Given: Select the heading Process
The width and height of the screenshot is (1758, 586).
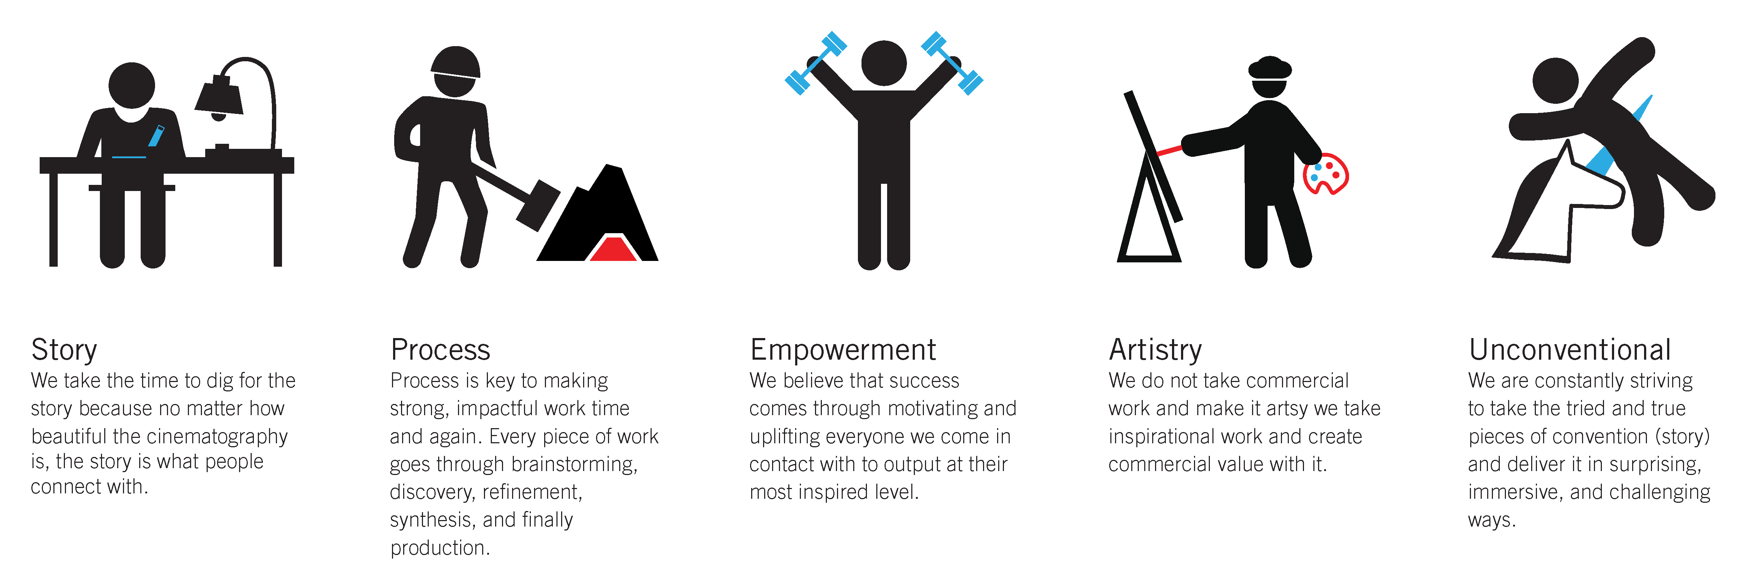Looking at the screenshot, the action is (x=440, y=350).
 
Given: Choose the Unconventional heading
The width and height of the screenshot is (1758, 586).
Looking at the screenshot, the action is (x=1570, y=350).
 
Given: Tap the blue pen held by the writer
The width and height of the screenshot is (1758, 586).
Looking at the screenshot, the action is (x=156, y=135).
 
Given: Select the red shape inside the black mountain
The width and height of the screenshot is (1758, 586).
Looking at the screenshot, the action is (x=613, y=248).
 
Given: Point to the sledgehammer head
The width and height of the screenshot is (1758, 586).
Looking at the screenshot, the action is (x=538, y=205).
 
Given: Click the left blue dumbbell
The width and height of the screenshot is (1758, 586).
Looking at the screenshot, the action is (x=816, y=63).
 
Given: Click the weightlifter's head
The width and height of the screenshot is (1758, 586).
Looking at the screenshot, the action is (x=884, y=63).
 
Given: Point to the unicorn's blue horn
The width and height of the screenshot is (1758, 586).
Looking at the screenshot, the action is (x=1619, y=143).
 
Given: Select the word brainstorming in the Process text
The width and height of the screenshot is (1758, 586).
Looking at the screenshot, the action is (x=574, y=465).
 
